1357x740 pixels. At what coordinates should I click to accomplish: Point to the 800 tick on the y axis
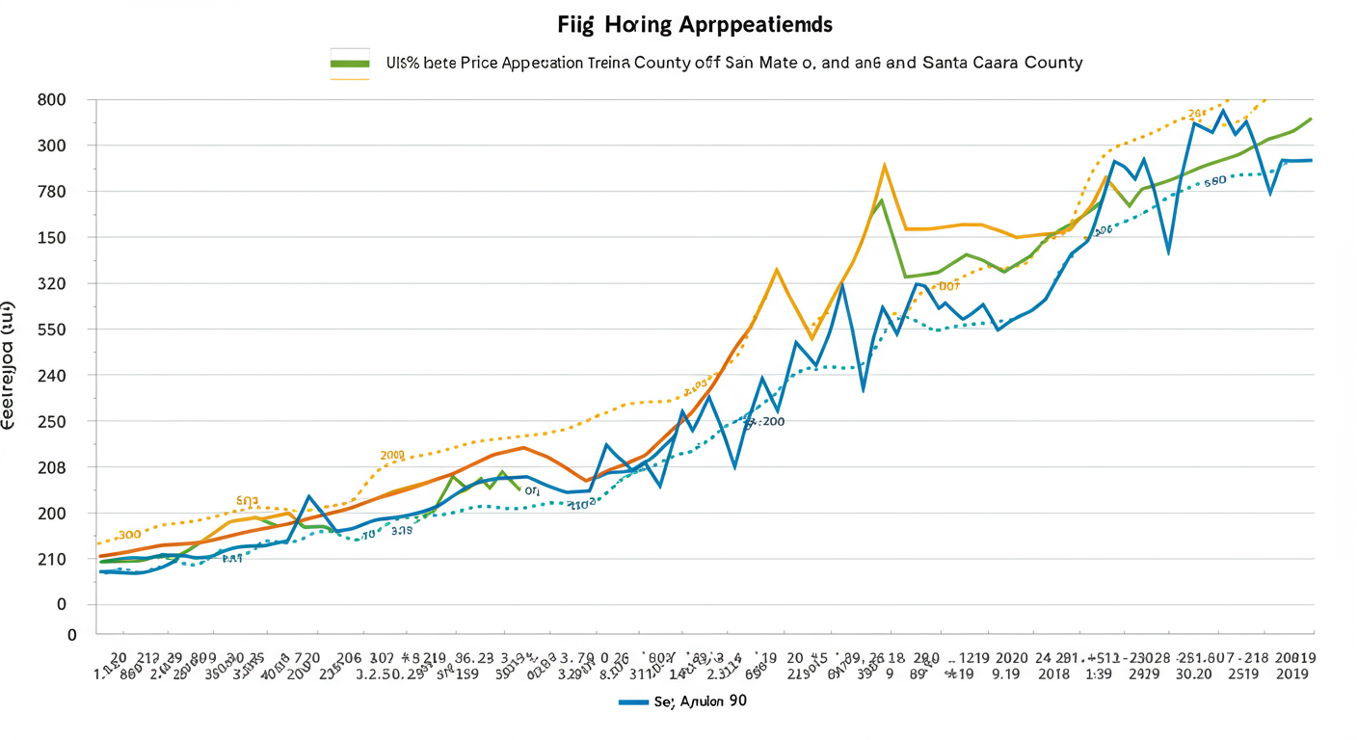pos(52,99)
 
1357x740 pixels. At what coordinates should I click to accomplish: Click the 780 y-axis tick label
pos(52,191)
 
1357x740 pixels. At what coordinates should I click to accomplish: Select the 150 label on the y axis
pos(52,237)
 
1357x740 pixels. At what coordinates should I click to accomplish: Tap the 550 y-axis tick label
pos(52,330)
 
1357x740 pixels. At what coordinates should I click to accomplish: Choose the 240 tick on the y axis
pos(52,376)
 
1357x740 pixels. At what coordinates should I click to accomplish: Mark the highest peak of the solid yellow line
pos(884,165)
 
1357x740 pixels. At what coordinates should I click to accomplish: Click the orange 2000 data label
pos(392,454)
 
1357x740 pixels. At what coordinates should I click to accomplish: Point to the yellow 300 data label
pos(129,534)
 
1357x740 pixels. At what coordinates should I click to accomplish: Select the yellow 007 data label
pos(949,286)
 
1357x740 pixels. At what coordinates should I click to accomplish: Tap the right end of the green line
pos(1311,119)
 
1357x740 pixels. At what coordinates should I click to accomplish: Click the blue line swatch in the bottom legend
pos(632,702)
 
